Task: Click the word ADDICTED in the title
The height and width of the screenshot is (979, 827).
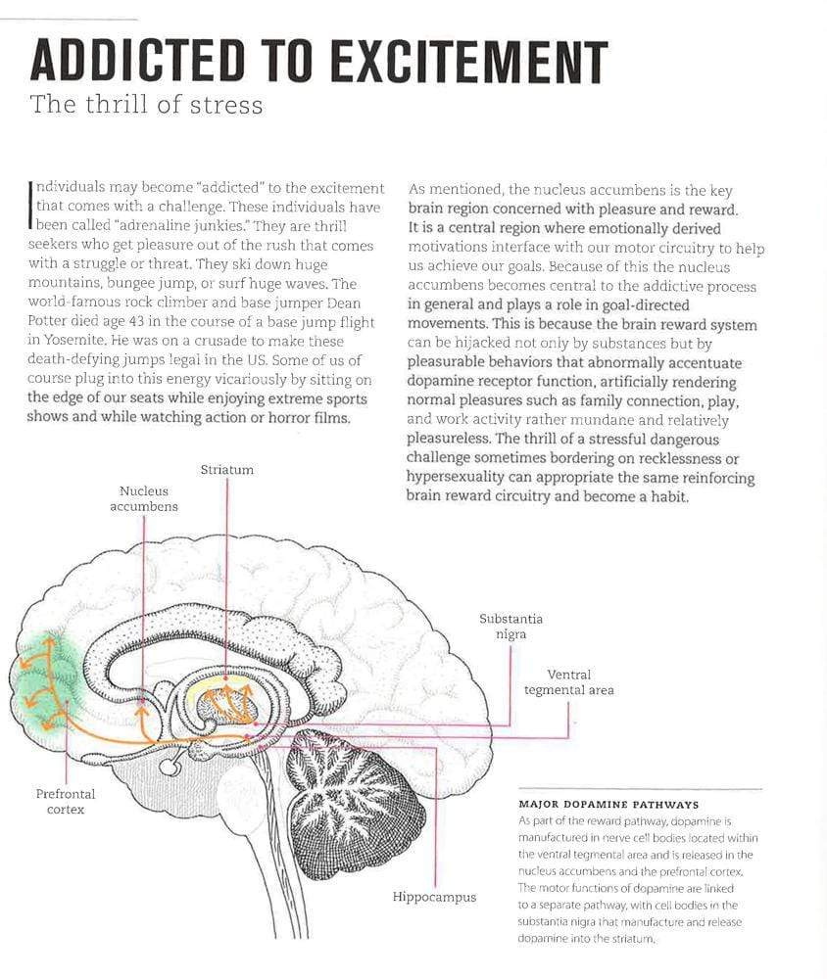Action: pyautogui.click(x=137, y=61)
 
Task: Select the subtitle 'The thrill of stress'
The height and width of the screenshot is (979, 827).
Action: pyautogui.click(x=146, y=105)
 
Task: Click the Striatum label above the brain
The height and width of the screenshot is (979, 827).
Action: pyautogui.click(x=227, y=470)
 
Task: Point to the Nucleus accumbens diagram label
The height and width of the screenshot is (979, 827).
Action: pyautogui.click(x=144, y=499)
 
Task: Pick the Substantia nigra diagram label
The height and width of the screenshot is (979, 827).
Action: pyautogui.click(x=511, y=627)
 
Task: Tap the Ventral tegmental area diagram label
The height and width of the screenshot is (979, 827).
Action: pyautogui.click(x=569, y=682)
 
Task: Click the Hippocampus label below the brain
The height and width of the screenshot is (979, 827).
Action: pyautogui.click(x=434, y=897)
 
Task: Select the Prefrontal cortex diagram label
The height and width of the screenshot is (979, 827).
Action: pyautogui.click(x=66, y=802)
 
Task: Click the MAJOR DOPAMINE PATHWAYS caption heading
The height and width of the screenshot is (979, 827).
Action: pyautogui.click(x=608, y=805)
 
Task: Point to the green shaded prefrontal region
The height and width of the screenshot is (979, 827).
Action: pyautogui.click(x=47, y=681)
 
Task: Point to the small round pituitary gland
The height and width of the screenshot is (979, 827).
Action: pyautogui.click(x=170, y=766)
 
